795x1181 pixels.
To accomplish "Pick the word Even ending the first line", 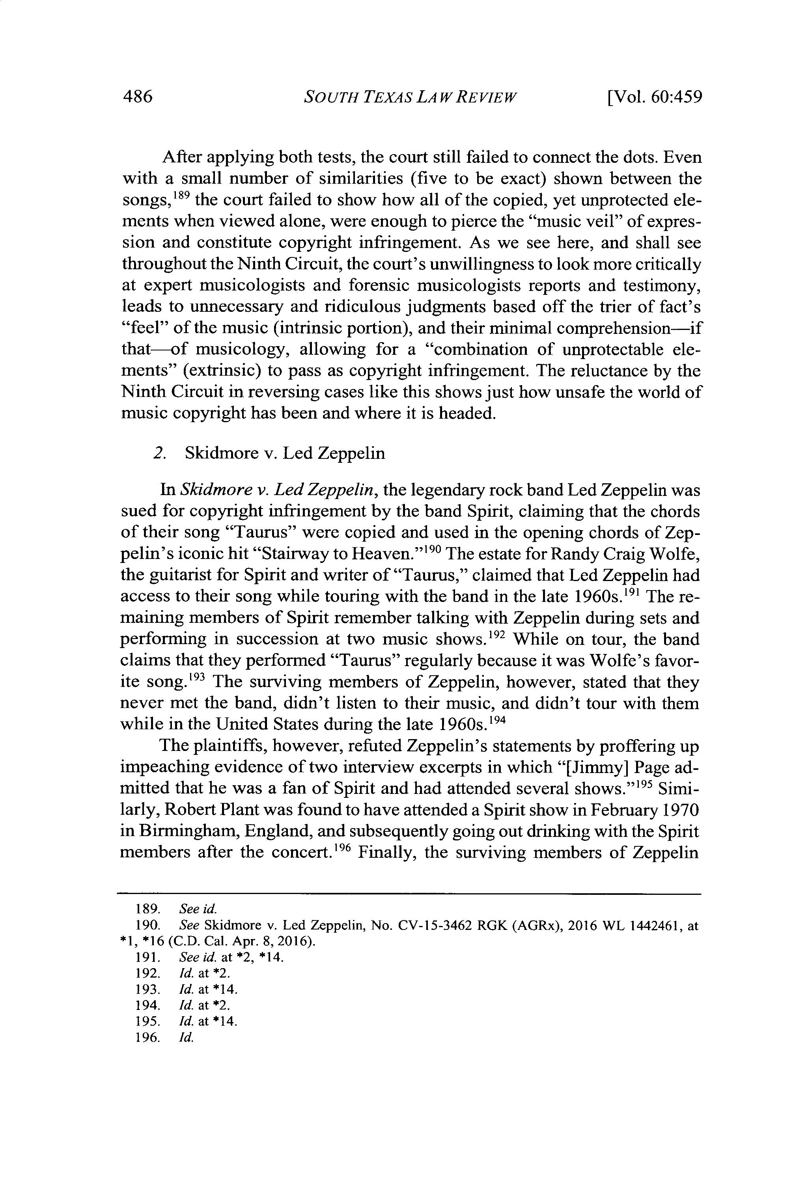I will [x=683, y=157].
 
